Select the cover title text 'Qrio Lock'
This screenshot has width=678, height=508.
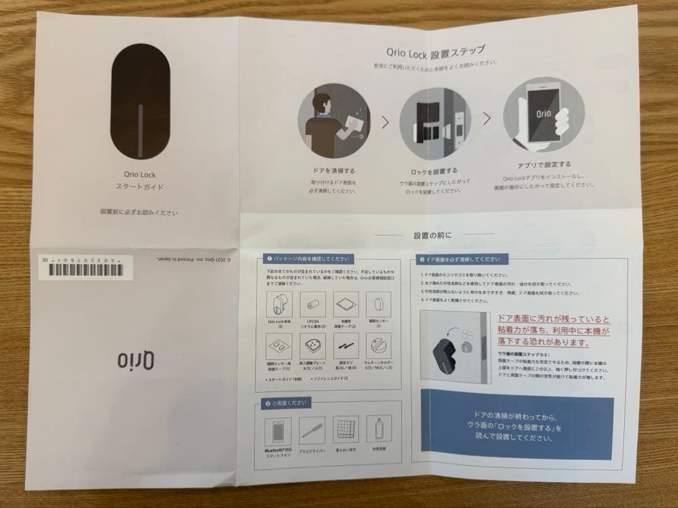click(x=139, y=175)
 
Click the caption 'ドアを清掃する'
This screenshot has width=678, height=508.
click(x=333, y=171)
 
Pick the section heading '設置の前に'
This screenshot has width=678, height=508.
click(x=433, y=235)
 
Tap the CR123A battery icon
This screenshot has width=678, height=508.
click(x=311, y=305)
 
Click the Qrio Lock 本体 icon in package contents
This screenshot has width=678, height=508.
click(x=277, y=306)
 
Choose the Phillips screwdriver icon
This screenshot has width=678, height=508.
click(x=312, y=431)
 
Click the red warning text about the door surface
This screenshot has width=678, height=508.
click(x=553, y=331)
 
